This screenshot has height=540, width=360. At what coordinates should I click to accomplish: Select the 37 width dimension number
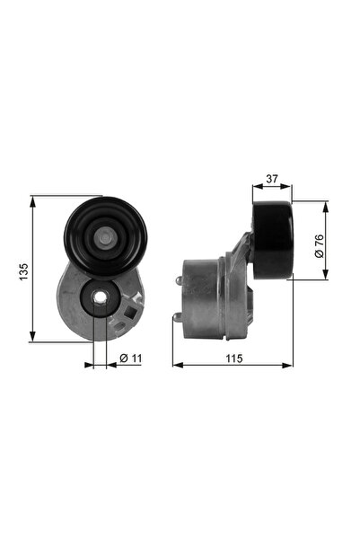[271, 179]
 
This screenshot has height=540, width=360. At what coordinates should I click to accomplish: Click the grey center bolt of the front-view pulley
[105, 238]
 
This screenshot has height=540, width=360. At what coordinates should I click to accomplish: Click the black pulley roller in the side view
[272, 240]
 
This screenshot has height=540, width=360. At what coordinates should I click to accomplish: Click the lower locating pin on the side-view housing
[179, 318]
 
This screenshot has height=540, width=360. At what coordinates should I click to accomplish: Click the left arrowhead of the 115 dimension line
[176, 366]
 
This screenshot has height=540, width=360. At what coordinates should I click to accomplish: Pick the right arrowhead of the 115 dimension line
[289, 366]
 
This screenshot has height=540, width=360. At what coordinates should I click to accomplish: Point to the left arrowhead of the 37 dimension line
[256, 188]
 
